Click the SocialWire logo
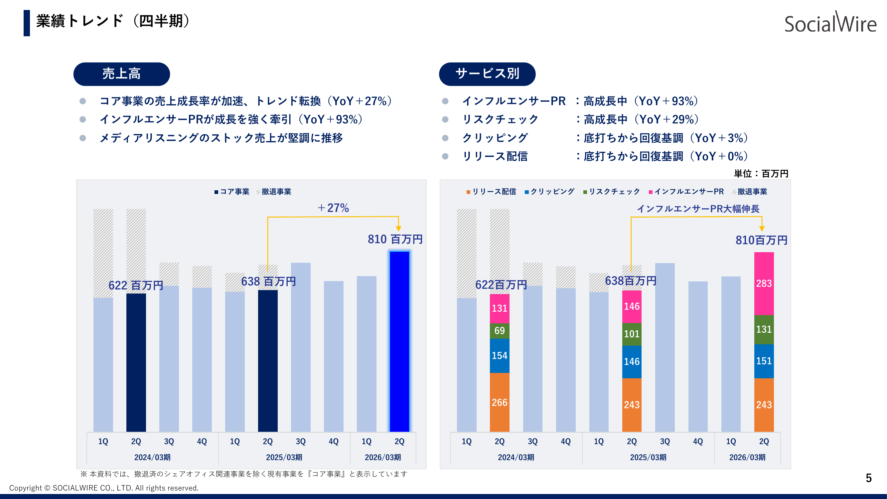coord(830,23)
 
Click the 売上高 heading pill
coord(121,74)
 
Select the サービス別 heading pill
coord(487,74)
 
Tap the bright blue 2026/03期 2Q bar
coord(399,341)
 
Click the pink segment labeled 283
coord(764,283)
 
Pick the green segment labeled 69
coord(499,331)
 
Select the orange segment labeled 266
coord(499,402)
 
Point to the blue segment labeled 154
coord(499,355)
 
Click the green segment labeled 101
coord(632,334)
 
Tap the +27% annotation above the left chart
coord(333,208)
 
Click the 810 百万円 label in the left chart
coord(395,239)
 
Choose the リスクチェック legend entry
coord(612,192)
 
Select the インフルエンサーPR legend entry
coord(686,192)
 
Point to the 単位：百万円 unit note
coord(761,174)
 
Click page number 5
coord(868,478)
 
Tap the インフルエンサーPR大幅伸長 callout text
coord(698,209)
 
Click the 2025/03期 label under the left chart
coord(284,457)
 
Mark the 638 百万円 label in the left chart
coord(268,281)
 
